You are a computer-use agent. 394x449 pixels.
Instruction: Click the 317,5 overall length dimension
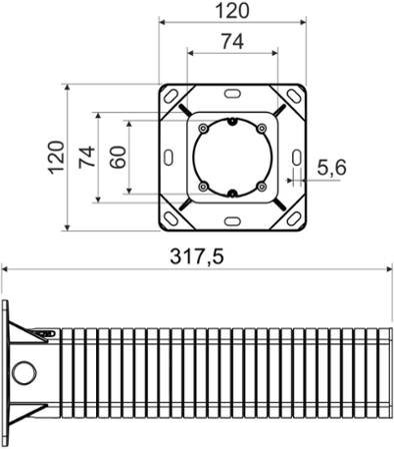(196, 256)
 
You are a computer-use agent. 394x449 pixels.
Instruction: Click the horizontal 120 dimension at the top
(232, 10)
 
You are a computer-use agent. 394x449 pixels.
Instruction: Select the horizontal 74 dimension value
(232, 41)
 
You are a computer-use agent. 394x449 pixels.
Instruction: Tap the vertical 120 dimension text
(56, 157)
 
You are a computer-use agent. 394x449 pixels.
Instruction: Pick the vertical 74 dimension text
(87, 157)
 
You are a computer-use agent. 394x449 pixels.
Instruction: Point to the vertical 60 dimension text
(118, 157)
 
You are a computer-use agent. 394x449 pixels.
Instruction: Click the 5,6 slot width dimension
(331, 168)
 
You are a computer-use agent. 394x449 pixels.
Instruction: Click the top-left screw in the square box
(203, 129)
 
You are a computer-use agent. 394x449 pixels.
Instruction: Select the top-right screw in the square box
(262, 129)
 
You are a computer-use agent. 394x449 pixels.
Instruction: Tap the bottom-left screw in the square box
(203, 187)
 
